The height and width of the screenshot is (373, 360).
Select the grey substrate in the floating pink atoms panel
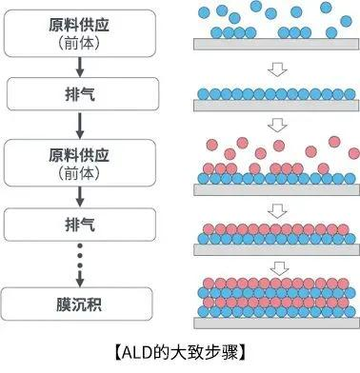click(275, 186)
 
